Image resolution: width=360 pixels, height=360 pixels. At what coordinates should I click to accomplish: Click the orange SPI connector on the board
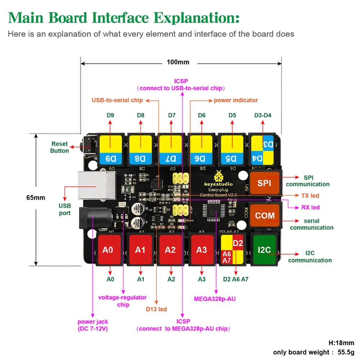pos(264,183)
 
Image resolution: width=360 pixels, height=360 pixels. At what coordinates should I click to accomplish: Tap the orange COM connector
pos(265,216)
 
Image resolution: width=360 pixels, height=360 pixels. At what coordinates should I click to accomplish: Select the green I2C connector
pos(265,249)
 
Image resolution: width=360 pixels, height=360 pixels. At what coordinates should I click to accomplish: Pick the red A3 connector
pos(202,249)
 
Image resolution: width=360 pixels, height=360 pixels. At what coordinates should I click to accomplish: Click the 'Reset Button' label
pos(59,147)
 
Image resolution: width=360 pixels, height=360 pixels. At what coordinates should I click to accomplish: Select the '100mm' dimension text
pos(178,62)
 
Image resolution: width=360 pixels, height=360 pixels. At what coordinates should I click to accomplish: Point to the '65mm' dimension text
pos(36,198)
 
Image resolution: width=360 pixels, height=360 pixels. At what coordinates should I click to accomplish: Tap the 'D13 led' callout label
pos(156,309)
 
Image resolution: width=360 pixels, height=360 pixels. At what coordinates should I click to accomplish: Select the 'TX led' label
pos(310,195)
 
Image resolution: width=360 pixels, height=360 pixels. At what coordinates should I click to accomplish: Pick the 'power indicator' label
pos(236,100)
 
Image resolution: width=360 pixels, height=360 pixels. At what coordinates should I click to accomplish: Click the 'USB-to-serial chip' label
pos(117,100)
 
